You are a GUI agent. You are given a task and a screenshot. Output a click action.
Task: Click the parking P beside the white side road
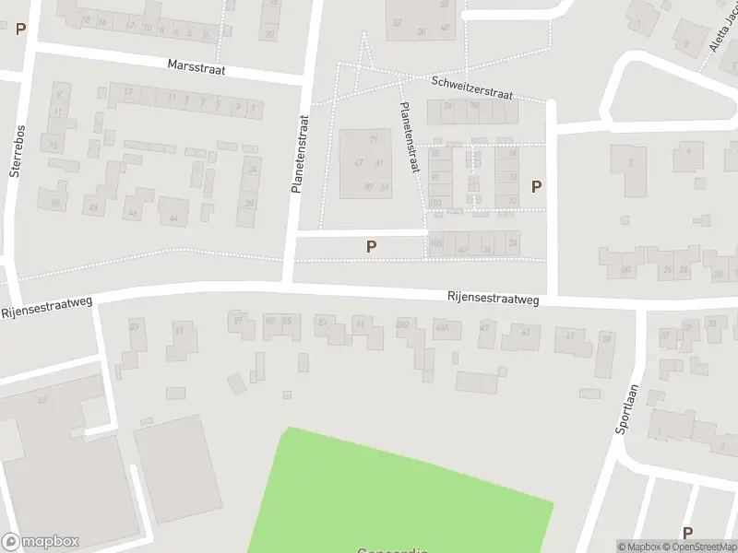pos(371,246)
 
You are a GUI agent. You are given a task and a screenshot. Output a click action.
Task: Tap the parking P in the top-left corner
pos(20,29)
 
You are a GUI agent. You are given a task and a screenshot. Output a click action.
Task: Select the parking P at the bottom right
pos(687,533)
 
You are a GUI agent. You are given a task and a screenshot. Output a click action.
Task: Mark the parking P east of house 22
pos(536,186)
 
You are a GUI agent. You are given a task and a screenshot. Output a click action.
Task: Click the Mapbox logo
pos(40,542)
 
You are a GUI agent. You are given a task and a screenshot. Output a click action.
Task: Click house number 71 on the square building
pos(374,140)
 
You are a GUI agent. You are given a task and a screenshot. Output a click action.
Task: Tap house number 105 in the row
pos(436,242)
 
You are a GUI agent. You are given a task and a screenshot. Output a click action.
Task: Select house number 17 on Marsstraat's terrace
pos(128,91)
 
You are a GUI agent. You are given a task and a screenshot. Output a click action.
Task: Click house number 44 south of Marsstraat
pos(173,218)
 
